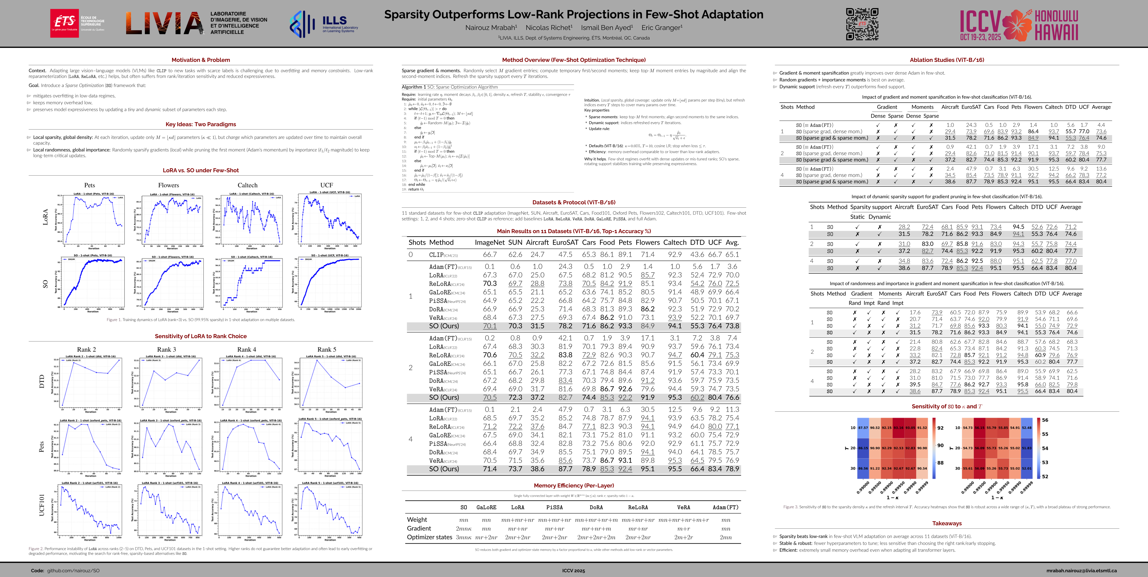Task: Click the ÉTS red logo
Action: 65,23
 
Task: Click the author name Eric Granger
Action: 662,28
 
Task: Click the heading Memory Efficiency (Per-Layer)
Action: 574,486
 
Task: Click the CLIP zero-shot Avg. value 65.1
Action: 732,255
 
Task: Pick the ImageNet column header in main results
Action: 490,243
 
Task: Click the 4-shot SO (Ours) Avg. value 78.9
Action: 732,469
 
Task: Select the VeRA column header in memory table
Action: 683,507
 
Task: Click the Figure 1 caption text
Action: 200,320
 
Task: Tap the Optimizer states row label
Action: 429,537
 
